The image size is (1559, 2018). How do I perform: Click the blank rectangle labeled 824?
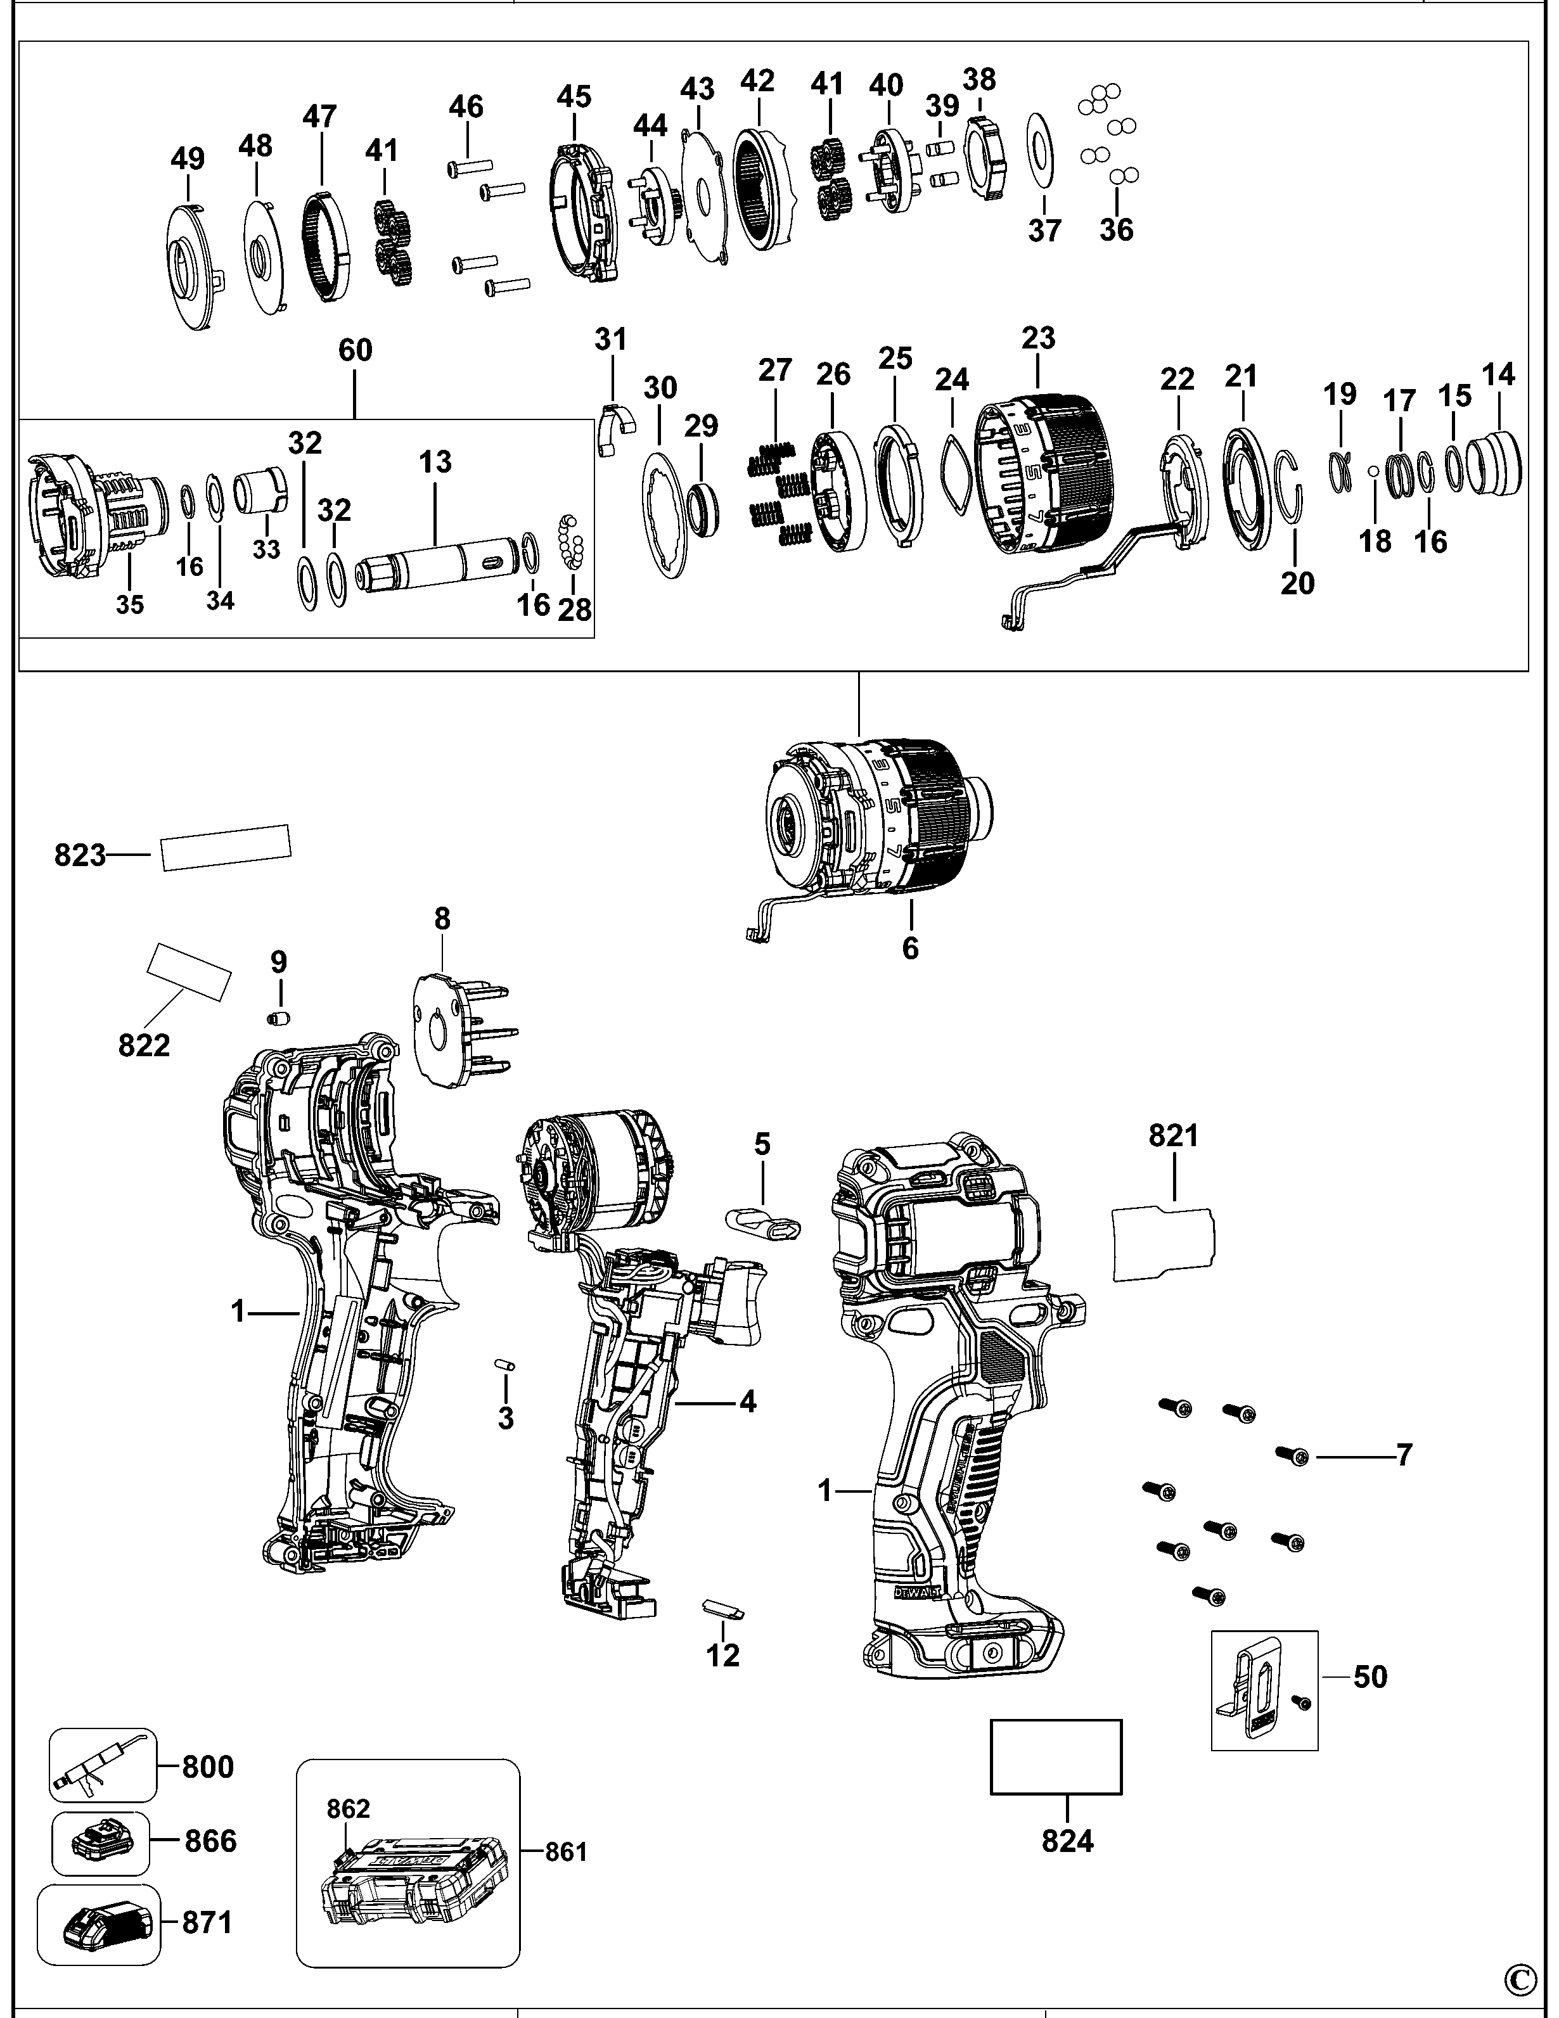1055,1756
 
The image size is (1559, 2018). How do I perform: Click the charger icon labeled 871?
99,1923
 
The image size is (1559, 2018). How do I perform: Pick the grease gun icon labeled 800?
101,1765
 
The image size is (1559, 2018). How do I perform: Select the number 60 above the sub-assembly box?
356,350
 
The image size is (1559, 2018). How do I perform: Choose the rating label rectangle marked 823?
226,847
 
